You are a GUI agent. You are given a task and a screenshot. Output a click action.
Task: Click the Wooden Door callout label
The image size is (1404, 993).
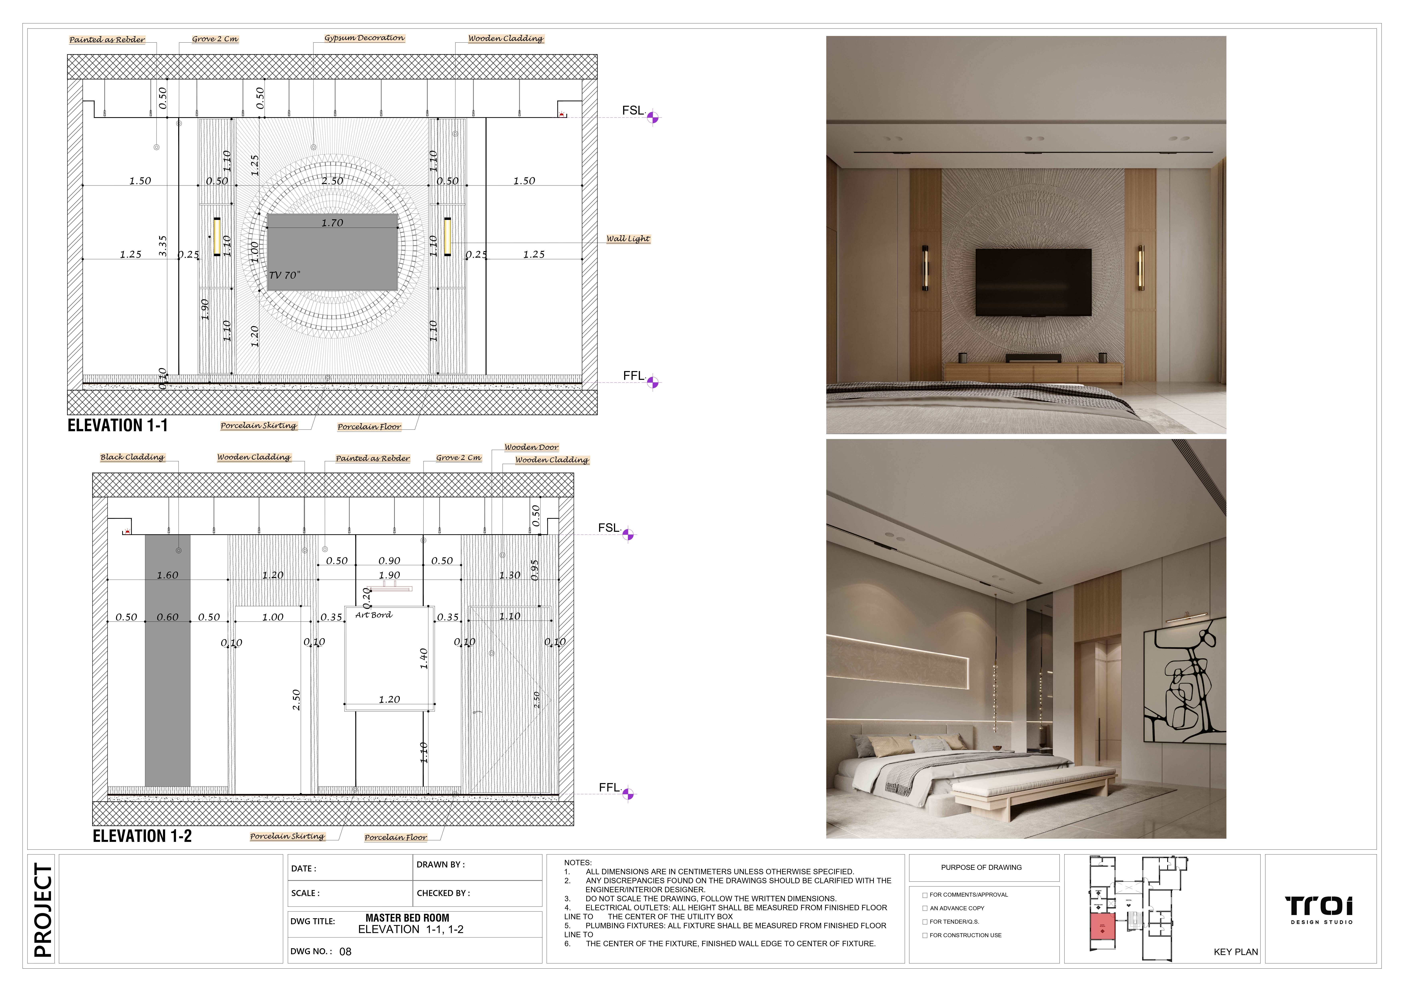pyautogui.click(x=531, y=447)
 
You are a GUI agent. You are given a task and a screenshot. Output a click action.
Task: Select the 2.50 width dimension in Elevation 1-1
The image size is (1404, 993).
pyautogui.click(x=332, y=181)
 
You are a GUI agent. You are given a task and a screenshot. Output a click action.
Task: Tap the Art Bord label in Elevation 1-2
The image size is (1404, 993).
pyautogui.click(x=374, y=615)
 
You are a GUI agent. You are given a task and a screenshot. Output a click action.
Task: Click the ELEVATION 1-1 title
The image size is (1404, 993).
pyautogui.click(x=117, y=426)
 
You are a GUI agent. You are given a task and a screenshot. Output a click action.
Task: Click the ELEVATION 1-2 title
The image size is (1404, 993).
pyautogui.click(x=142, y=836)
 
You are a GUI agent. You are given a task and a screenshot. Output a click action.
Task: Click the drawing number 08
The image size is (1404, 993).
pyautogui.click(x=346, y=951)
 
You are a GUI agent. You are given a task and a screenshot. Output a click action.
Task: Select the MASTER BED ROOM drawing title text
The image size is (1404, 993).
pyautogui.click(x=407, y=918)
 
